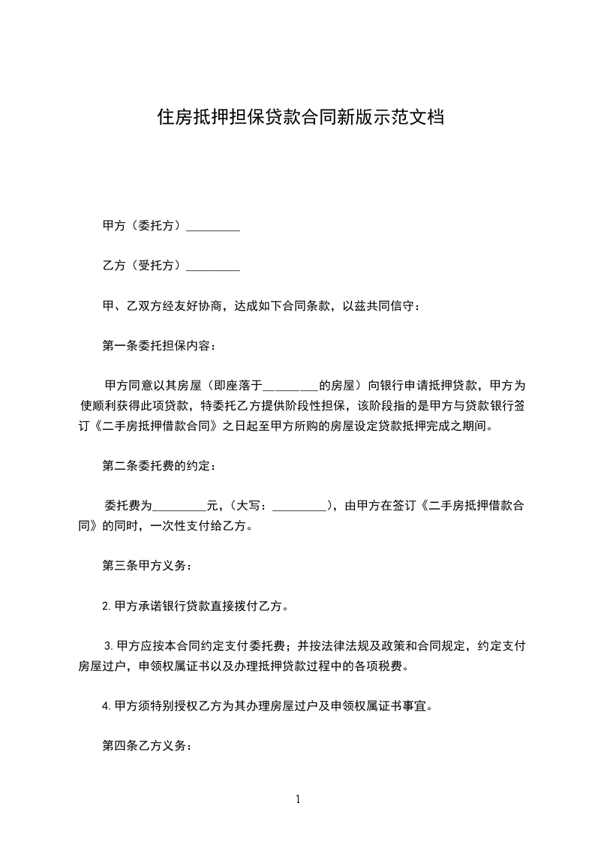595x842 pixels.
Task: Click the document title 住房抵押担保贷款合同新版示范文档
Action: pyautogui.click(x=299, y=117)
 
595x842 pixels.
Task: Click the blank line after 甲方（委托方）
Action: pyautogui.click(x=212, y=227)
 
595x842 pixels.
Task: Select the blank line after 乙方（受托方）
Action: pyautogui.click(x=212, y=266)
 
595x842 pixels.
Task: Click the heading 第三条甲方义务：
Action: pyautogui.click(x=147, y=565)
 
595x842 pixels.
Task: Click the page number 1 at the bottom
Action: pyautogui.click(x=298, y=799)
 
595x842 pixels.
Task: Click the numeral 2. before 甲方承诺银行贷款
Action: pyautogui.click(x=107, y=606)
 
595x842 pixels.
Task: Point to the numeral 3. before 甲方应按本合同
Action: pyautogui.click(x=109, y=646)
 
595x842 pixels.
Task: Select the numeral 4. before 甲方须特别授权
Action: pyautogui.click(x=107, y=705)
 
